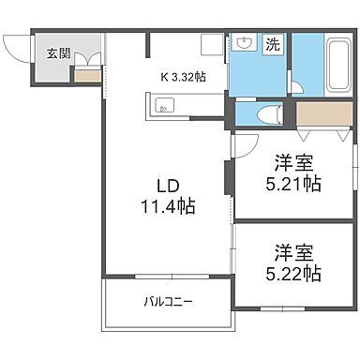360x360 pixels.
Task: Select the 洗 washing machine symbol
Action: [x=272, y=44]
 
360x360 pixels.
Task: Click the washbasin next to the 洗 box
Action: [x=245, y=44]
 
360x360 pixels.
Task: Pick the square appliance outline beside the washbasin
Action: [x=212, y=45]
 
